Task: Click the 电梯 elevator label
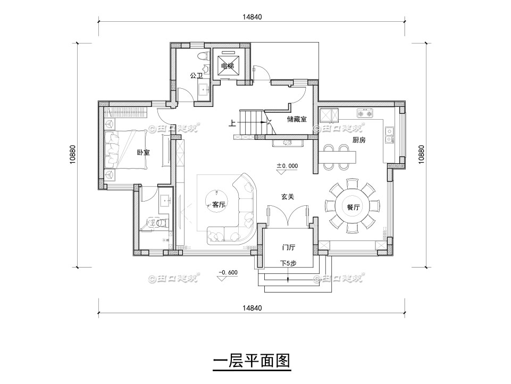coord(228,66)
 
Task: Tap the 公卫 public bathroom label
coord(196,76)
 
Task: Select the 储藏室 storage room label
coord(297,119)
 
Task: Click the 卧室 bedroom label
coord(143,153)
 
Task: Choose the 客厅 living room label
coord(219,204)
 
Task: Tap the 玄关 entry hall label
coord(288,196)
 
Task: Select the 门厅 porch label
coord(289,247)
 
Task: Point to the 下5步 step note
coord(288,263)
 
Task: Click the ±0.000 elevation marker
coord(287,166)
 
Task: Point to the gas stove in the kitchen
coord(365,113)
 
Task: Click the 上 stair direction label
coord(232,123)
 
